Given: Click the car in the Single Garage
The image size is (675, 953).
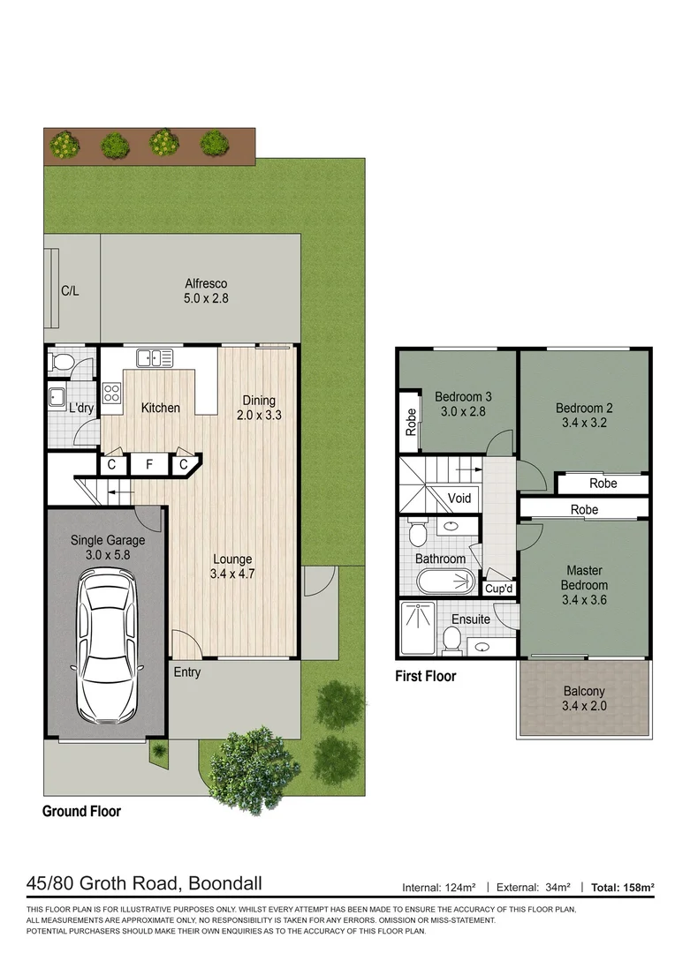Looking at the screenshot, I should pyautogui.click(x=106, y=644).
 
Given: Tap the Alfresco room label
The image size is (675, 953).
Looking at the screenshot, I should pyautogui.click(x=206, y=284).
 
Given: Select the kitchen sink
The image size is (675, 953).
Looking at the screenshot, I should pyautogui.click(x=154, y=357).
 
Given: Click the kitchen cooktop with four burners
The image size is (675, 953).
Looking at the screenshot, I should pyautogui.click(x=112, y=393).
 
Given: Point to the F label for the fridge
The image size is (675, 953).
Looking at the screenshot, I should pyautogui.click(x=149, y=464).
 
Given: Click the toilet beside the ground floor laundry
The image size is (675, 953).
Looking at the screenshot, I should pyautogui.click(x=63, y=362).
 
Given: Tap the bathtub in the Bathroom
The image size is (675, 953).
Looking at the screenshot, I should pyautogui.click(x=447, y=582).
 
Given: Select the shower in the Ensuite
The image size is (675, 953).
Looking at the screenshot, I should pyautogui.click(x=417, y=628).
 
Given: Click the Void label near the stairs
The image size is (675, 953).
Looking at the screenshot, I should pyautogui.click(x=459, y=499).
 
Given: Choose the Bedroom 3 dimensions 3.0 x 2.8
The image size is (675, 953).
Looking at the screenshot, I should pyautogui.click(x=459, y=411).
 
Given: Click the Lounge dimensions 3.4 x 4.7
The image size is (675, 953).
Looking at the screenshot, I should pyautogui.click(x=232, y=574).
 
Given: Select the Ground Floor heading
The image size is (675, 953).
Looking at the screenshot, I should pyautogui.click(x=81, y=811).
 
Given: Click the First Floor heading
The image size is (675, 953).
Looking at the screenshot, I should pyautogui.click(x=425, y=676).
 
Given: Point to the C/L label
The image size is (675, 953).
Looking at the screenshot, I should pyautogui.click(x=70, y=291).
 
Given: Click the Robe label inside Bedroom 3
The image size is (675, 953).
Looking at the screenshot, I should pyautogui.click(x=411, y=422).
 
